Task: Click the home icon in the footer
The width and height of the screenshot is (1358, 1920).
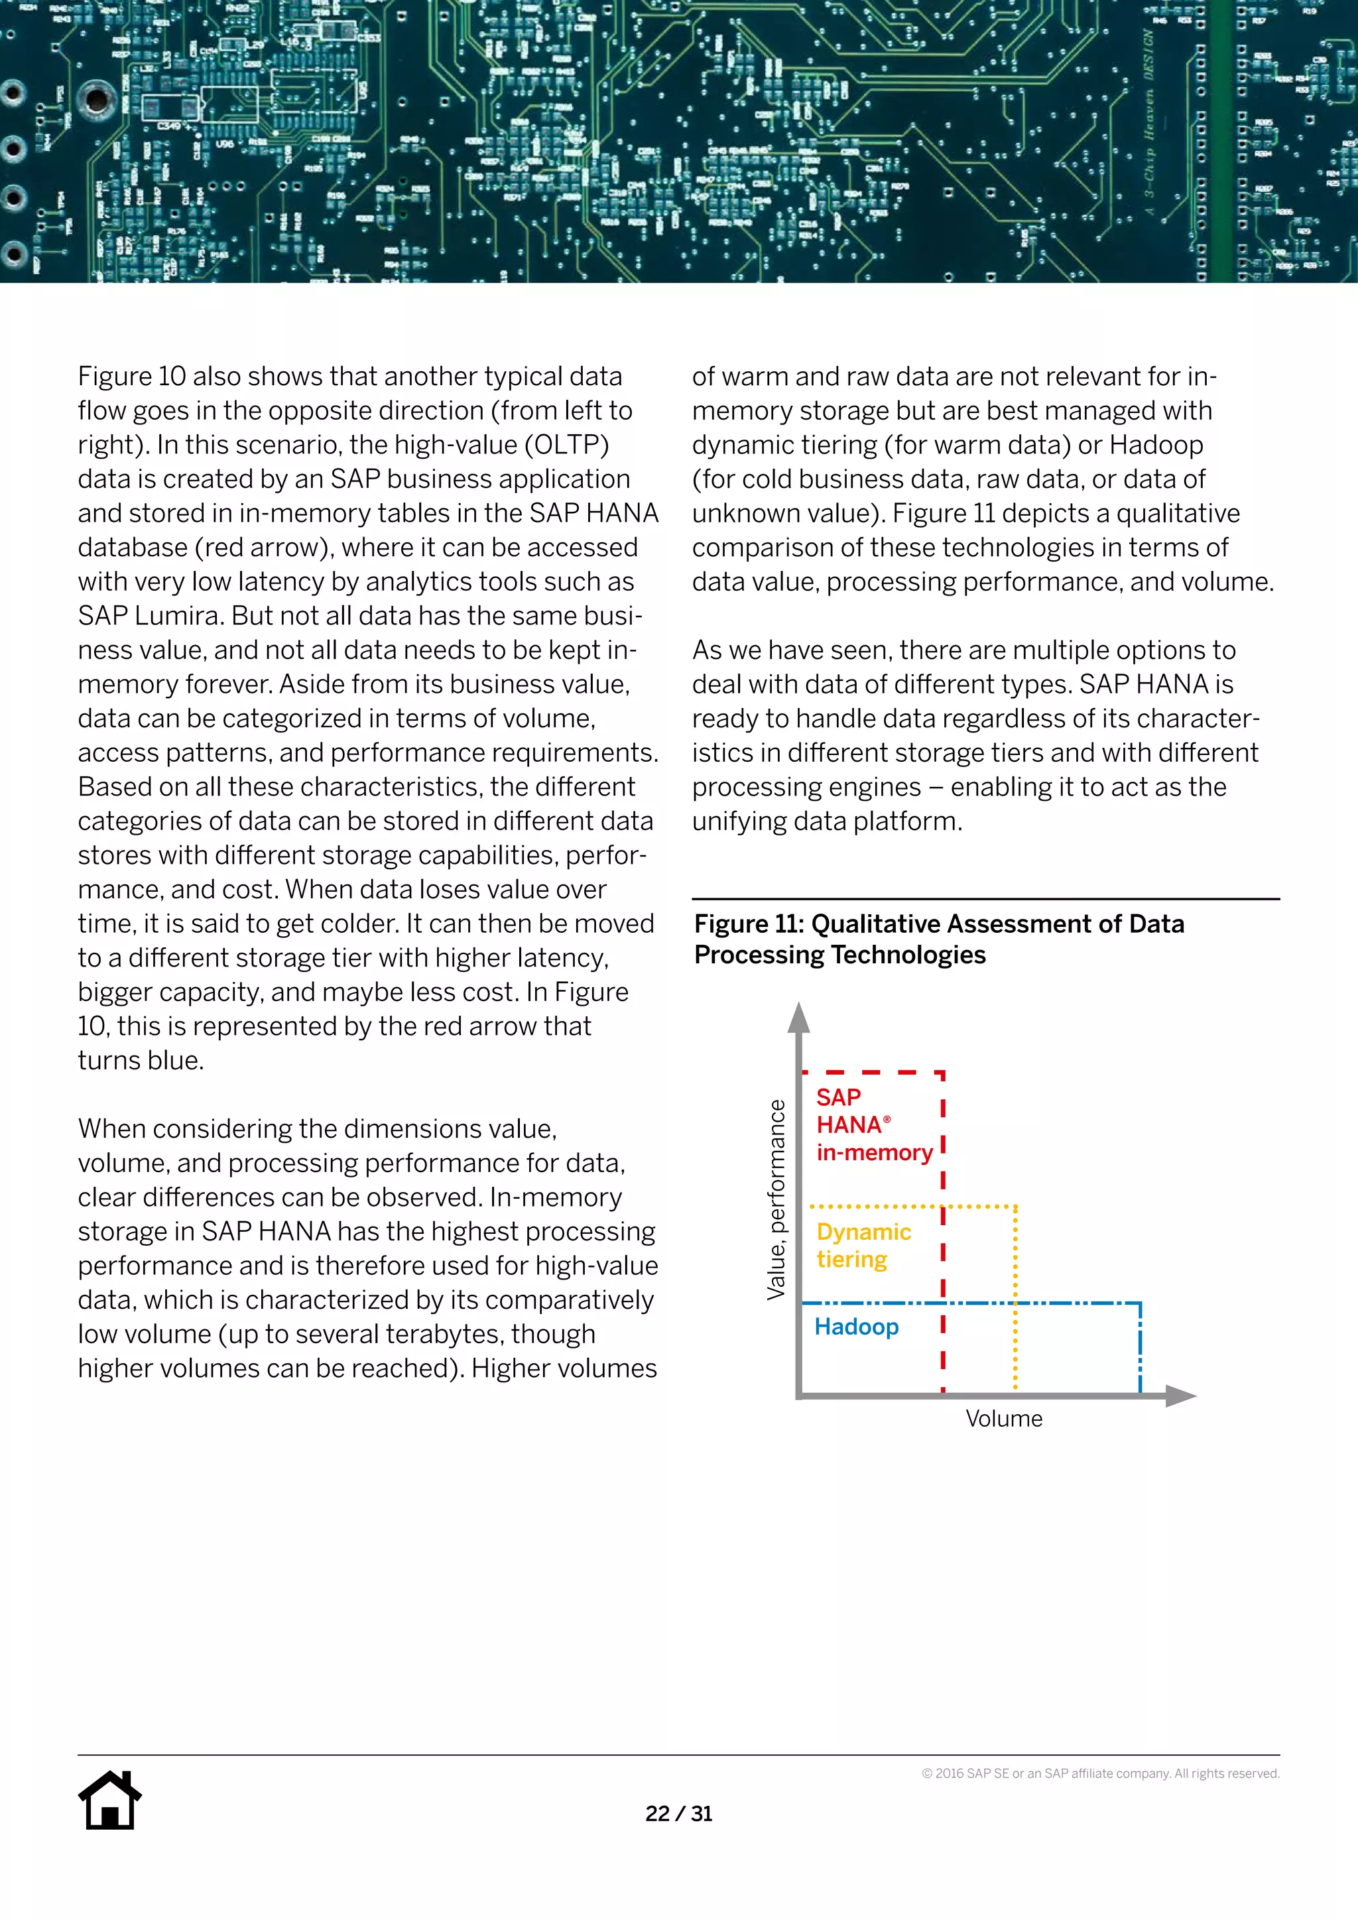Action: (x=109, y=1801)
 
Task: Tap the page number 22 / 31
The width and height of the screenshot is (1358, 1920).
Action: (x=678, y=1814)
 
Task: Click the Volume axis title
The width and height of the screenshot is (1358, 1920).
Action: (x=1003, y=1419)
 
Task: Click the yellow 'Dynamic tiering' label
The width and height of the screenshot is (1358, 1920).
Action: (x=863, y=1246)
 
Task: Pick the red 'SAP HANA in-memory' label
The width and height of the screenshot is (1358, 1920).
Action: (x=873, y=1124)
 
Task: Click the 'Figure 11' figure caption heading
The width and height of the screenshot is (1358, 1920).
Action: (x=938, y=939)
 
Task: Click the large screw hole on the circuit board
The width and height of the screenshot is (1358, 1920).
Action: (x=96, y=99)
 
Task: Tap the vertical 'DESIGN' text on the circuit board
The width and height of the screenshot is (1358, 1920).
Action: (x=1149, y=55)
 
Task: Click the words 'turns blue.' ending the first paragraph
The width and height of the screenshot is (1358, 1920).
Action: (x=141, y=1060)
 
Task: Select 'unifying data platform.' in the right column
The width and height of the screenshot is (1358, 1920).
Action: (x=827, y=821)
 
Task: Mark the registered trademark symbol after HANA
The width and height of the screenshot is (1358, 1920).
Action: (x=887, y=1119)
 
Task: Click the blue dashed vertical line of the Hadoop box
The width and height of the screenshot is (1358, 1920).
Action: (x=1140, y=1348)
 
